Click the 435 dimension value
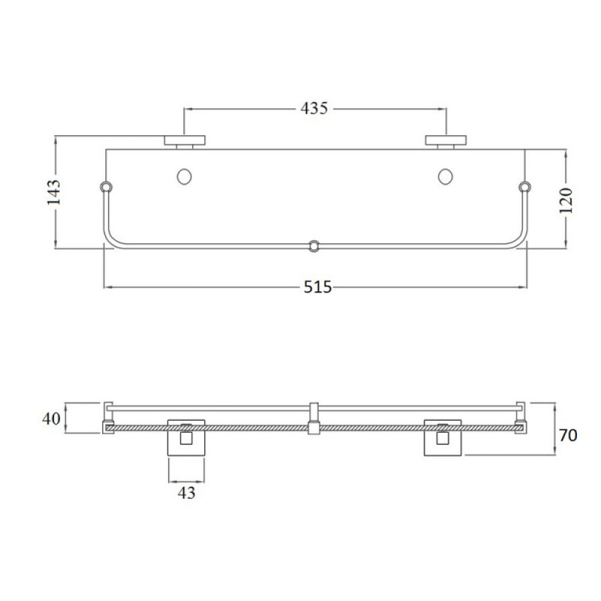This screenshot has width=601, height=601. click(314, 108)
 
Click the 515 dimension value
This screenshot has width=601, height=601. click(317, 287)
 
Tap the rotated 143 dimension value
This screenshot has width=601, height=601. click(53, 192)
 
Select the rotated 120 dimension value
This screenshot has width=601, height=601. click(566, 201)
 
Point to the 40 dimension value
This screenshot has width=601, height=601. click(51, 418)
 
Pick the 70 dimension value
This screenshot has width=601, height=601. click(568, 435)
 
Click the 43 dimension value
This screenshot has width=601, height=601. click(186, 493)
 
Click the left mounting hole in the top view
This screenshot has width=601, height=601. click(185, 177)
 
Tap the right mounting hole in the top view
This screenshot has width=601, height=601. click(445, 177)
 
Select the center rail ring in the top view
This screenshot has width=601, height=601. click(314, 246)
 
